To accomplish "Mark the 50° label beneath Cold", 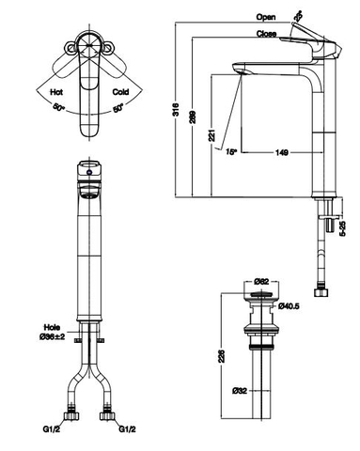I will click(x=117, y=109).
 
